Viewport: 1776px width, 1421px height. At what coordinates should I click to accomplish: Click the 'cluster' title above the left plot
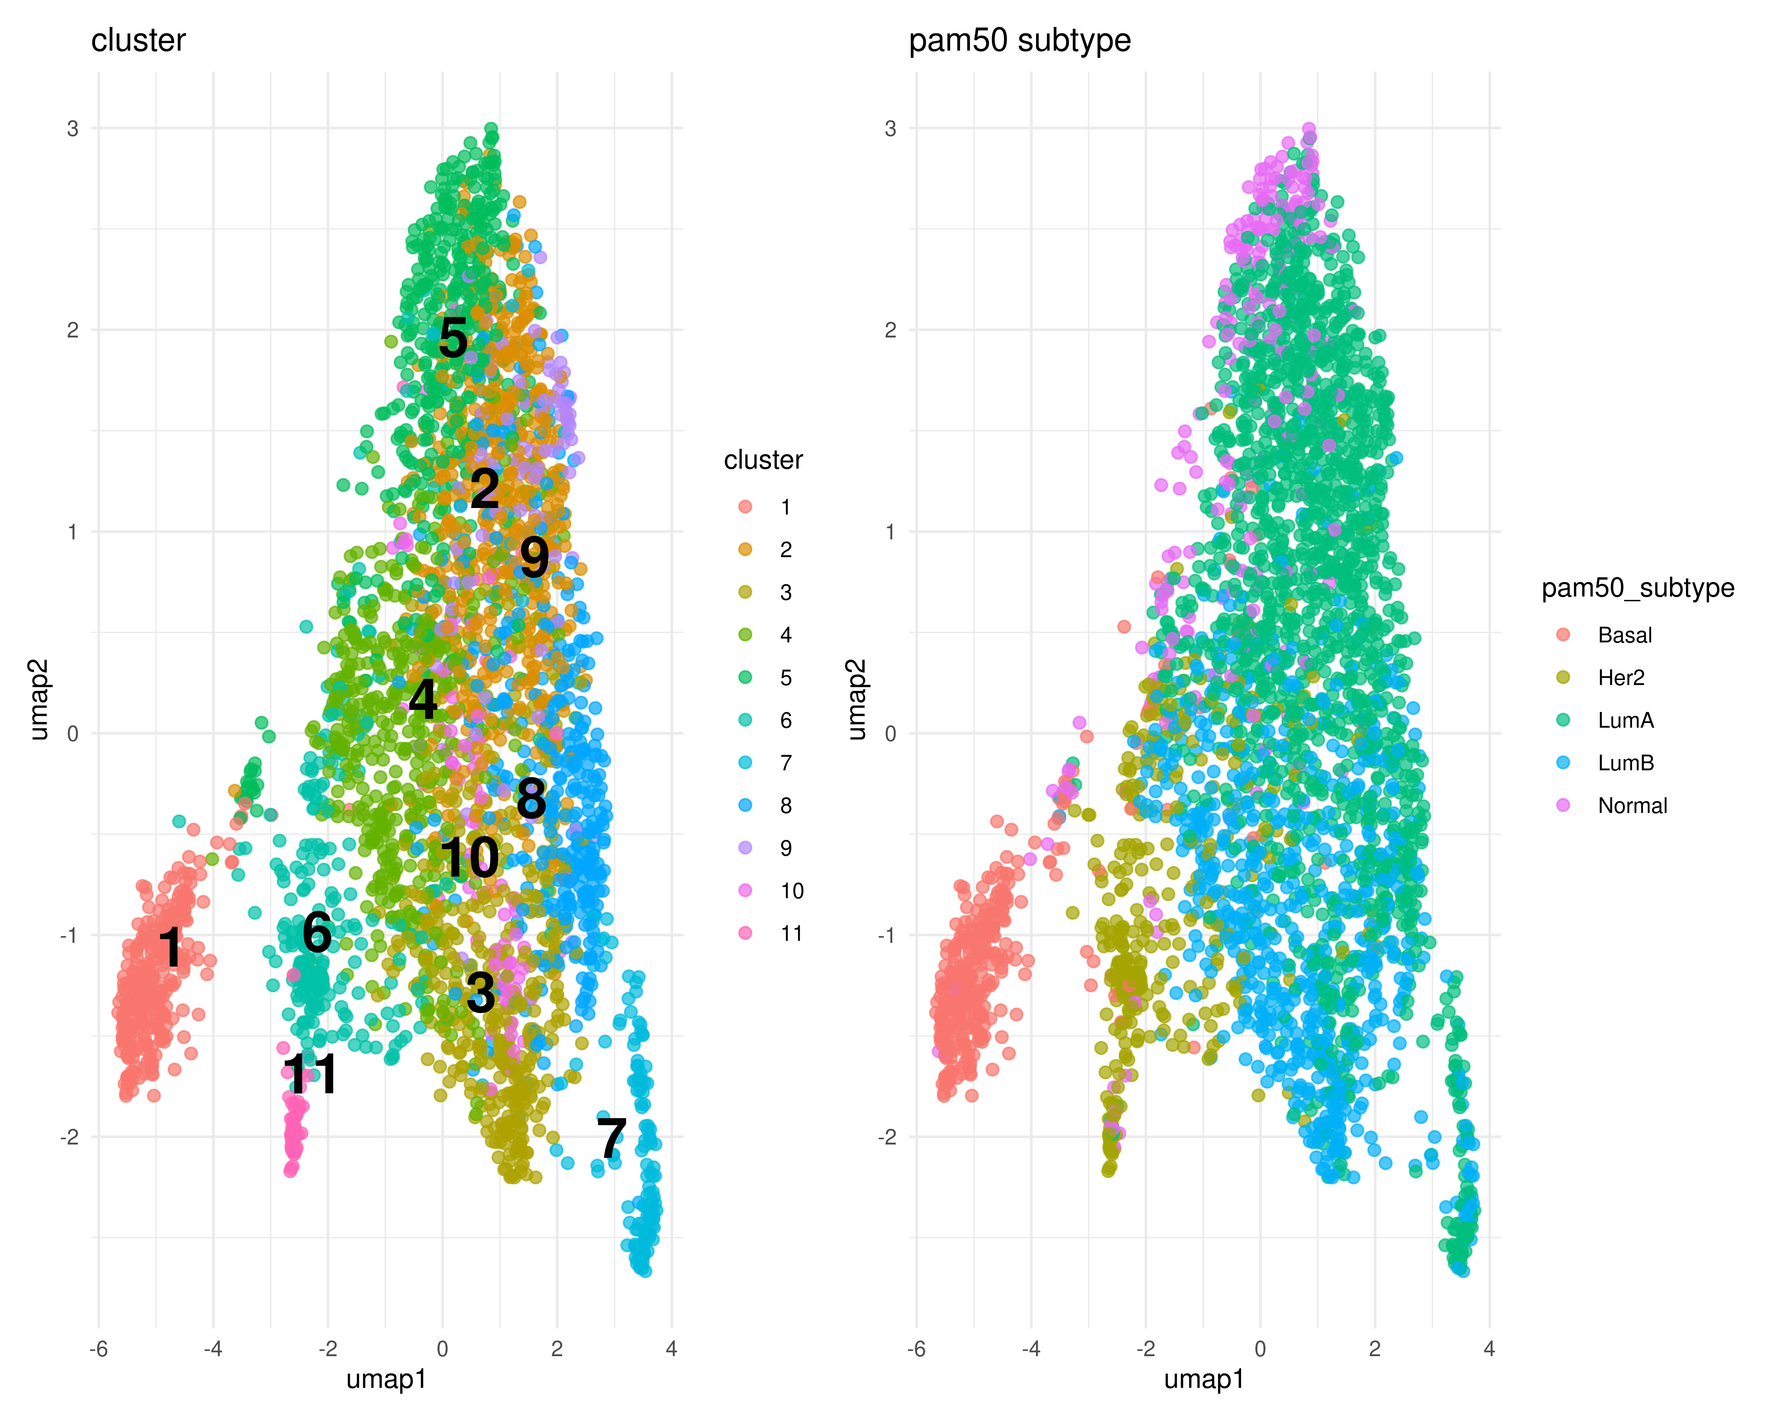coord(139,40)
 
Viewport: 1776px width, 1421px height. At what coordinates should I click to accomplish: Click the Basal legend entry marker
coord(1563,634)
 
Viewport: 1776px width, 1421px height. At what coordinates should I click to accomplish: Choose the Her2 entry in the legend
coord(1620,677)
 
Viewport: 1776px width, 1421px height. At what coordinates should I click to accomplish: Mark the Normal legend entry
coord(1632,806)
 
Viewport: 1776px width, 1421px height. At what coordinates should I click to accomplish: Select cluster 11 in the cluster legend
coord(791,933)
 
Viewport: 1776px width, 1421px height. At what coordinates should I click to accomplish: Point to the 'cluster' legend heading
coord(763,460)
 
